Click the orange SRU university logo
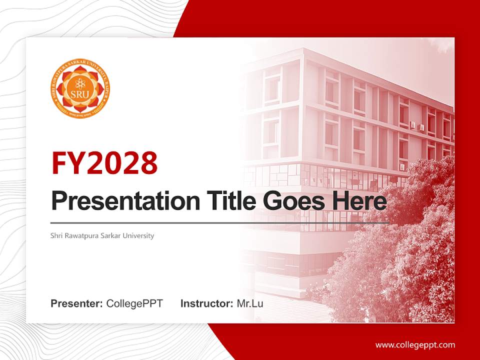click(x=80, y=89)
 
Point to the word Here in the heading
click(x=359, y=201)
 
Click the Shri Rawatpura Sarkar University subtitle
click(x=102, y=235)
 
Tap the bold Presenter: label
click(x=77, y=303)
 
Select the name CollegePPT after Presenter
click(x=134, y=303)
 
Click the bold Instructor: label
click(x=206, y=303)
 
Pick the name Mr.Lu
click(x=250, y=303)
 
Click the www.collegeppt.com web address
click(x=415, y=345)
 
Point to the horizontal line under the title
click(x=220, y=222)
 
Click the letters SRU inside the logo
click(x=80, y=94)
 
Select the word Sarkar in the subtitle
click(x=113, y=235)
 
